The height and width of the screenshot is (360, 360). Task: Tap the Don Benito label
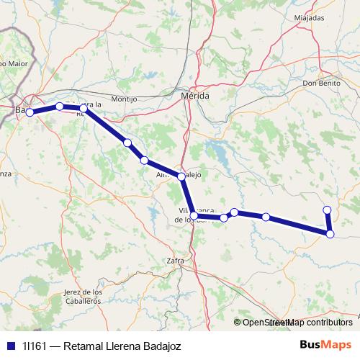(x=321, y=83)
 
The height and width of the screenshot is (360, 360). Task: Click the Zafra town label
(x=175, y=260)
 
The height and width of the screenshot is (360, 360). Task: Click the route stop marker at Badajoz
(x=30, y=112)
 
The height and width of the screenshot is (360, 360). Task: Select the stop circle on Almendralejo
(x=181, y=176)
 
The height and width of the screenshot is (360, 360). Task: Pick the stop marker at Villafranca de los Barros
(x=194, y=215)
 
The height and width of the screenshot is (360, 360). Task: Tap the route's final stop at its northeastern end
(x=327, y=210)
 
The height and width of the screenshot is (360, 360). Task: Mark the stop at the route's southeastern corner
(x=330, y=233)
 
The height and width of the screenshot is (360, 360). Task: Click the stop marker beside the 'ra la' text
(x=84, y=108)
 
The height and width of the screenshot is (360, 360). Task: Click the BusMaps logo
(x=325, y=344)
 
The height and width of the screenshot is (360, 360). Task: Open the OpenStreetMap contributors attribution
(x=292, y=323)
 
